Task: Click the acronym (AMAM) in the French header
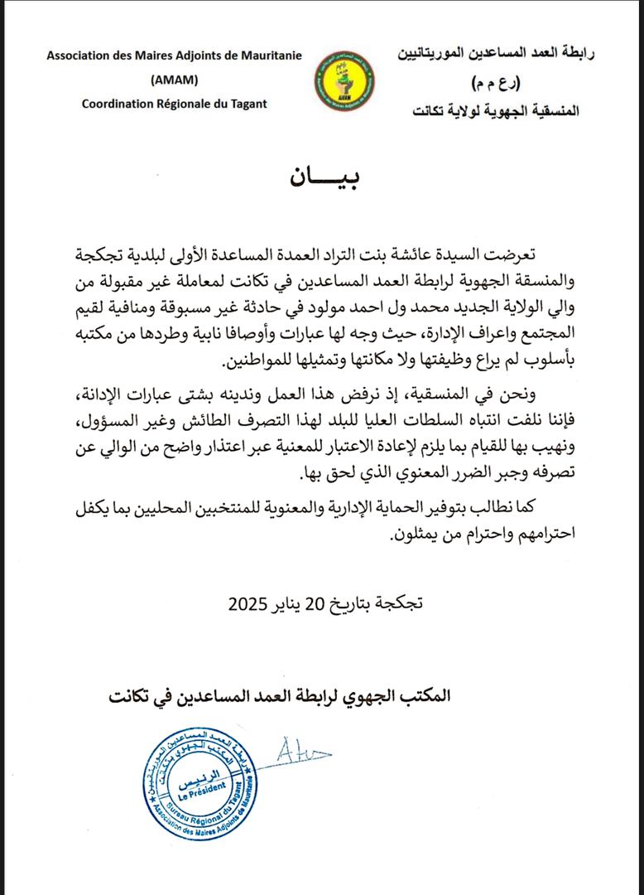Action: click(175, 80)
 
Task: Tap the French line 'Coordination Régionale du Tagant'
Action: click(175, 103)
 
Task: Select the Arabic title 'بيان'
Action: click(324, 177)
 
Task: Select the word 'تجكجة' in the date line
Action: click(398, 603)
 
